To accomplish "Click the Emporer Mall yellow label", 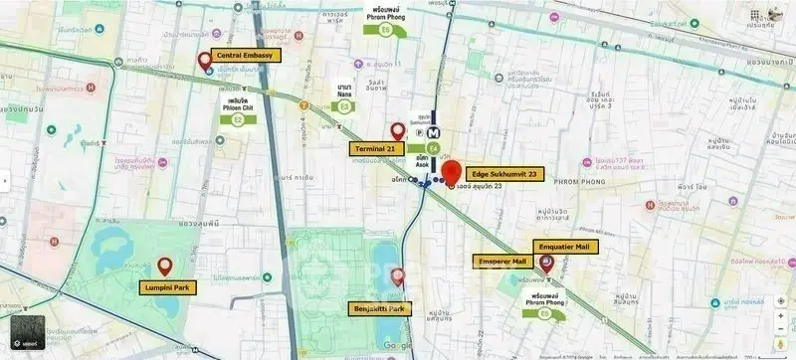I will click(x=503, y=262).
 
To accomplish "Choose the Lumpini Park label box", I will click(x=166, y=287).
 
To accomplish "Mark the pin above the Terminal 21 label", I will click(x=397, y=131).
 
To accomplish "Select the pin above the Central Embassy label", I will click(x=205, y=60).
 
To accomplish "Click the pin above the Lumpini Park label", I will click(x=164, y=266).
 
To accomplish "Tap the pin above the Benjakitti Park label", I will click(x=398, y=277).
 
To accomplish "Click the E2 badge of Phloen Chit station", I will click(x=238, y=120).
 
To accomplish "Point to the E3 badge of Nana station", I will click(x=344, y=105).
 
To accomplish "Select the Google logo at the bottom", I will click(x=396, y=345).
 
